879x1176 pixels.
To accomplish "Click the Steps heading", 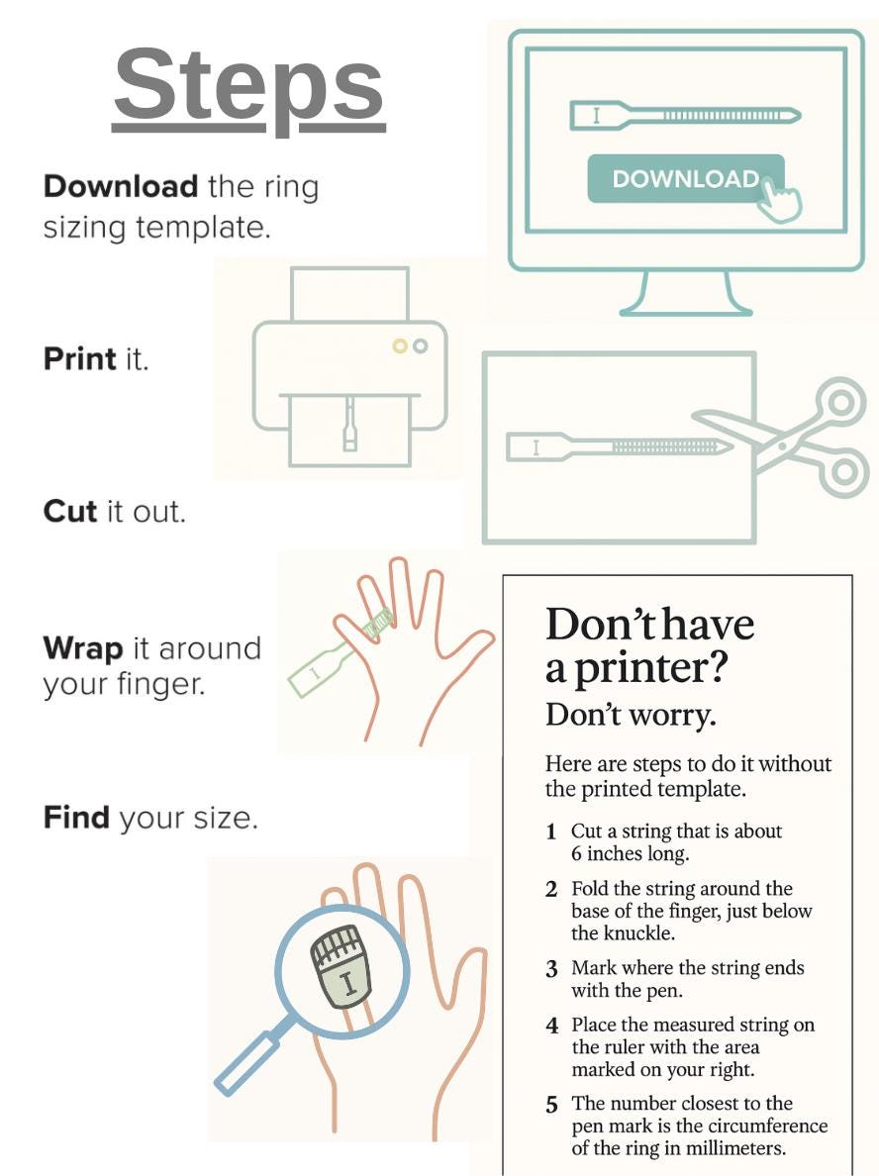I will click(248, 86).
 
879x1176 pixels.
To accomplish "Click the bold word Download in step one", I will click(121, 186).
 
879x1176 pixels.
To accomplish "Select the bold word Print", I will click(80, 358).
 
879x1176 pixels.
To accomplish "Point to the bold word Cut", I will click(70, 512).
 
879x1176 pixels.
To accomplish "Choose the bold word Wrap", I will click(83, 649).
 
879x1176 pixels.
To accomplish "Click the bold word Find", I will click(76, 819).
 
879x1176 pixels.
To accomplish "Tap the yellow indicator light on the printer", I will click(399, 346).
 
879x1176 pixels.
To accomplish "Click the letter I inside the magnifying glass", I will click(347, 985).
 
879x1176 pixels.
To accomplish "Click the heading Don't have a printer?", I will click(649, 646).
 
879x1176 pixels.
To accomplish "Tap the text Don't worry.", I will click(631, 715).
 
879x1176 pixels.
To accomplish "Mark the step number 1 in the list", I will click(551, 833).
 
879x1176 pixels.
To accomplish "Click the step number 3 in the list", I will click(551, 969).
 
